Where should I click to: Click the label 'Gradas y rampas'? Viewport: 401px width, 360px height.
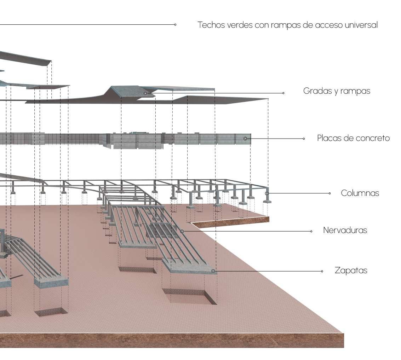(x=337, y=91)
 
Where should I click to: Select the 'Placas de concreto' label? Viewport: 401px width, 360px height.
(x=353, y=138)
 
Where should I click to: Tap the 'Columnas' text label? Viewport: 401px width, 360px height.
(x=360, y=193)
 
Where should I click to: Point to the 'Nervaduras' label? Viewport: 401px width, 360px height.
(x=345, y=230)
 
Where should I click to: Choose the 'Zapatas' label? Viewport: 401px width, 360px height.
(x=351, y=271)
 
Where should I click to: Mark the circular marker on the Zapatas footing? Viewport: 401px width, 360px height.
(x=213, y=271)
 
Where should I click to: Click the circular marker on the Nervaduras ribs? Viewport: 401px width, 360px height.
(x=182, y=231)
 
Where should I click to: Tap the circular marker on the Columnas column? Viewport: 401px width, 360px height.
(x=267, y=193)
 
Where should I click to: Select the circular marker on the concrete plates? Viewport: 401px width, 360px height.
(x=245, y=139)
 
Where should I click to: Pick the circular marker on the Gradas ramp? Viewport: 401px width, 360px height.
(x=145, y=93)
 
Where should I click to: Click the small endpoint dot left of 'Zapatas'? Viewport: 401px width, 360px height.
(x=322, y=271)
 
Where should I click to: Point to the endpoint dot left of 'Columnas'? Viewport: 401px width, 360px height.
(x=330, y=193)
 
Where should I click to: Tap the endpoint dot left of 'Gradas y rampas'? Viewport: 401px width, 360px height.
(x=283, y=93)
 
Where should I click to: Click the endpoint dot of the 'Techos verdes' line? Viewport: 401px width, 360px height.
(x=175, y=25)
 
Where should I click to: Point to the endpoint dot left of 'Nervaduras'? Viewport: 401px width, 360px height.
(x=311, y=231)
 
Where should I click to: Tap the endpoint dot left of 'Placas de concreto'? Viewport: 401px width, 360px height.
(x=304, y=139)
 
